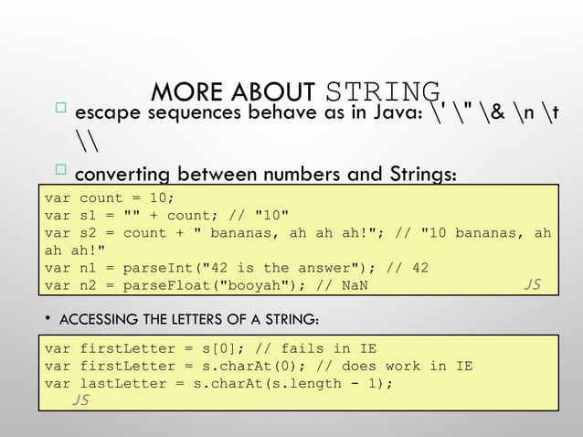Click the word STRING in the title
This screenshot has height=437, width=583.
coord(383,93)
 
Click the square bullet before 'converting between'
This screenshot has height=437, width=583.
coord(60,170)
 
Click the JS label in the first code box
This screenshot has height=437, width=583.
coord(531,284)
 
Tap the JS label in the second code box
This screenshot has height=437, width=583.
coord(80,400)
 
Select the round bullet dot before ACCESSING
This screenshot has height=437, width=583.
coord(48,318)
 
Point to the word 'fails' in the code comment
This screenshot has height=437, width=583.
coord(302,348)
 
